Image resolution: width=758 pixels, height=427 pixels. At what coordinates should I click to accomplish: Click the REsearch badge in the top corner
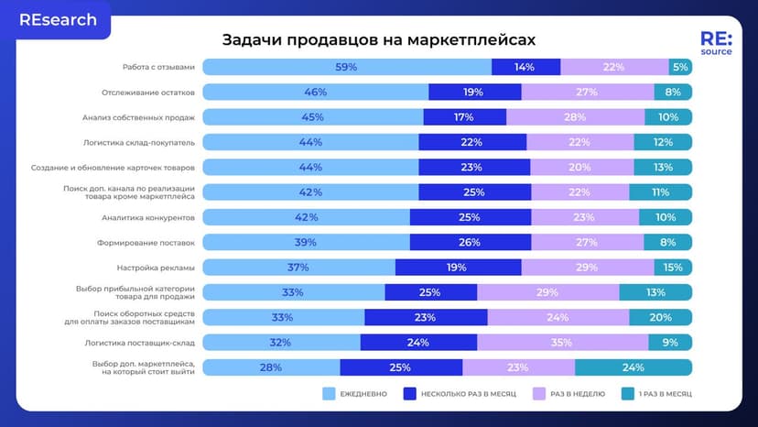click(x=58, y=19)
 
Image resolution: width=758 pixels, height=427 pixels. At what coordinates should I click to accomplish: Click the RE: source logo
click(x=715, y=44)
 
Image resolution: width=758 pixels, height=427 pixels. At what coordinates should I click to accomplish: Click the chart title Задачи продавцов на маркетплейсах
click(x=378, y=40)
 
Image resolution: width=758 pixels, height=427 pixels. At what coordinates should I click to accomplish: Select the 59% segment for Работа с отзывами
click(x=346, y=67)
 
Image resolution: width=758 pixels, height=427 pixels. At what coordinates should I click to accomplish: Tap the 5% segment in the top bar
click(x=680, y=67)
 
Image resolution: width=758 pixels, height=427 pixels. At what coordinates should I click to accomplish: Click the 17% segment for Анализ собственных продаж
click(x=464, y=117)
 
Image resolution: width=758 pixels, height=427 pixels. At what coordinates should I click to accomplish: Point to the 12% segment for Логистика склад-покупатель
click(x=663, y=142)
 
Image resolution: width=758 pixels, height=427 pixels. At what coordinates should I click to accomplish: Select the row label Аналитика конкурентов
click(x=153, y=217)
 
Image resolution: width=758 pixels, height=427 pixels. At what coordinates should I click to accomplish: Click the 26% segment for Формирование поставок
click(x=471, y=242)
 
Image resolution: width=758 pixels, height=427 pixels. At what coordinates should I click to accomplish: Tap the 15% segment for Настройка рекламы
click(x=673, y=268)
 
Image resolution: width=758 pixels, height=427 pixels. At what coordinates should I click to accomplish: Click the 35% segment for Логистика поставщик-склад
click(x=562, y=343)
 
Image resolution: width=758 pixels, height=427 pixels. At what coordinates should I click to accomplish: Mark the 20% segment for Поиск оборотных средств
click(x=660, y=317)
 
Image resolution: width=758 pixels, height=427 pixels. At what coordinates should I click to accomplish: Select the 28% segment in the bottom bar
click(x=271, y=367)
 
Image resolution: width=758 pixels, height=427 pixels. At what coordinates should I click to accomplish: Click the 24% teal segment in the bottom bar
click(x=633, y=367)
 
